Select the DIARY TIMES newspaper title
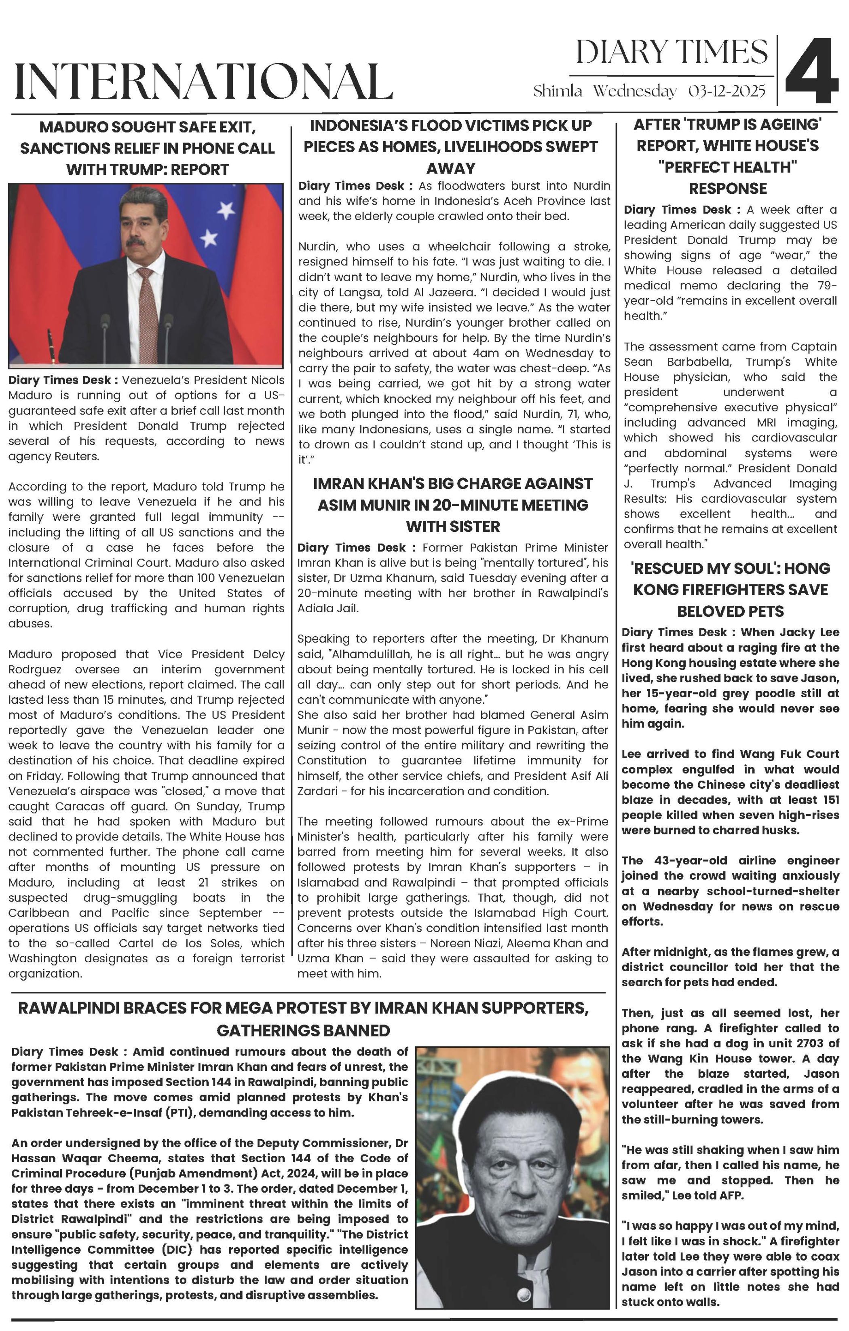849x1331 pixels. pyautogui.click(x=671, y=53)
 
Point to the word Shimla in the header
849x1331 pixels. pyautogui.click(x=558, y=91)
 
